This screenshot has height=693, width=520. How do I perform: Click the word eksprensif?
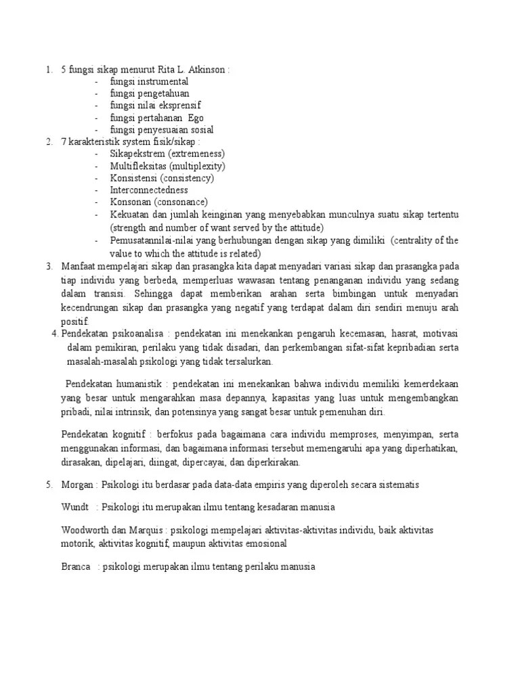click(177, 106)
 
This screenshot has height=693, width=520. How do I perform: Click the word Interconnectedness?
click(149, 190)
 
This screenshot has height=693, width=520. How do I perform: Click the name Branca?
click(76, 566)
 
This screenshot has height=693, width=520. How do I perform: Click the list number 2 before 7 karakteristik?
click(49, 142)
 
